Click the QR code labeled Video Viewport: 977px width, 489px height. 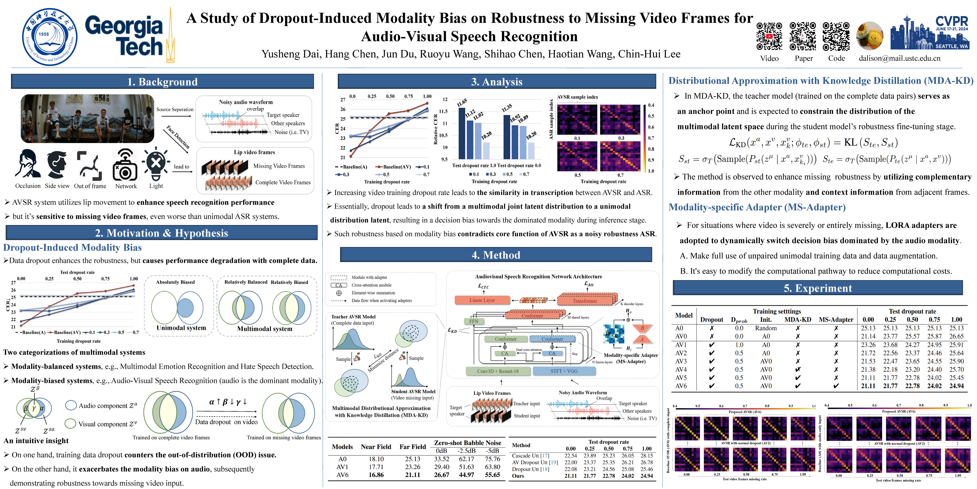769,36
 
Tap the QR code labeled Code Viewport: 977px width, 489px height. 836,36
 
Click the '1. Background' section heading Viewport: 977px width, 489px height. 162,82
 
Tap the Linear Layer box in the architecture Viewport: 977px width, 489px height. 482,300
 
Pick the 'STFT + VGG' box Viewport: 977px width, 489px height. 564,371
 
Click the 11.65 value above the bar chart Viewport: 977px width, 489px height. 462,103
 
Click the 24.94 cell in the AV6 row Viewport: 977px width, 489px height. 957,386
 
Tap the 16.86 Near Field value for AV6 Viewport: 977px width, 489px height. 376,474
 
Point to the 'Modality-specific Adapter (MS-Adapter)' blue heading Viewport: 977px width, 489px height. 757,207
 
